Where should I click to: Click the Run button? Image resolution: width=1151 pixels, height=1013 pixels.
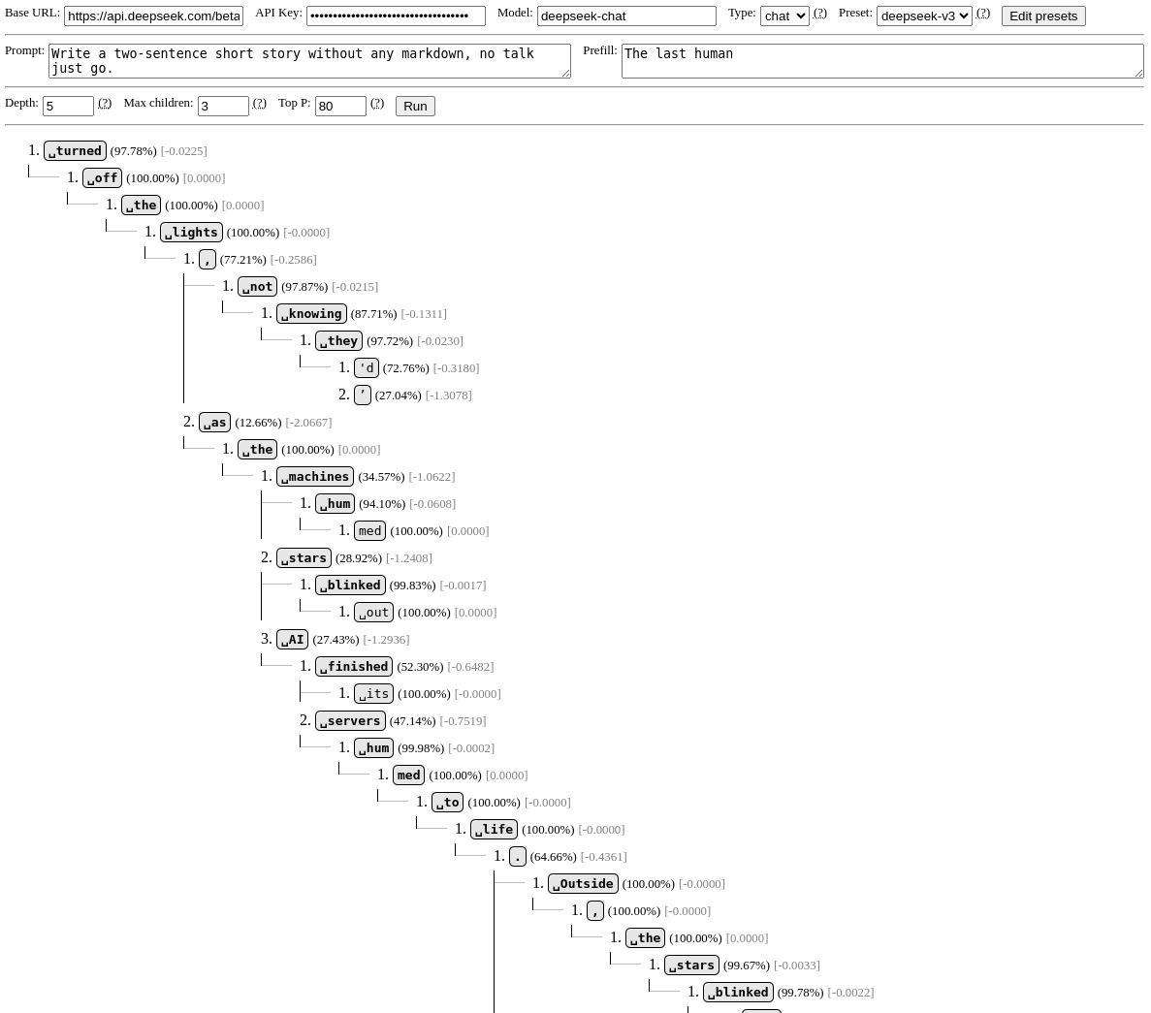(x=415, y=106)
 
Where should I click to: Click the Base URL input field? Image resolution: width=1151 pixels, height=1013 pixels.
(x=153, y=16)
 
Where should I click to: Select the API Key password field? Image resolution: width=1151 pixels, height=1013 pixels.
(x=396, y=16)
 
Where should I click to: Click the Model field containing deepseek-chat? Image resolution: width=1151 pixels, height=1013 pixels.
(x=626, y=16)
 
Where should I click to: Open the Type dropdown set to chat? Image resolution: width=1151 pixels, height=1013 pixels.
(x=784, y=16)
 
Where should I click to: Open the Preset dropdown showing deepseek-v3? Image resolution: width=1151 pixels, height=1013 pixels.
(x=923, y=16)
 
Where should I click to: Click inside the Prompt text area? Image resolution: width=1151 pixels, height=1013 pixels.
(x=309, y=61)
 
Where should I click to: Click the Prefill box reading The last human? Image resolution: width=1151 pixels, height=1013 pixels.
(x=881, y=61)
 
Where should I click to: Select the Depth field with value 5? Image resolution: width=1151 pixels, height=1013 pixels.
(x=68, y=106)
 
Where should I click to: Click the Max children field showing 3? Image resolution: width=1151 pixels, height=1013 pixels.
(x=223, y=106)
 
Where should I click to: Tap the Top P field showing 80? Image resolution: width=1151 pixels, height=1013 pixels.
(x=340, y=106)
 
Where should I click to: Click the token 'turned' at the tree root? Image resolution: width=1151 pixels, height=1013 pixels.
(x=75, y=151)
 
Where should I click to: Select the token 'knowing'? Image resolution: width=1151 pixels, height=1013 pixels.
(x=311, y=314)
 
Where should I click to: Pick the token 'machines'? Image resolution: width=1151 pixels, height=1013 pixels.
(x=315, y=477)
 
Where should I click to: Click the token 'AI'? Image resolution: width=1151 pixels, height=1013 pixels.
(x=292, y=640)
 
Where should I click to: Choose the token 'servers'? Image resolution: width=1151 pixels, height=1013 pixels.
(x=350, y=721)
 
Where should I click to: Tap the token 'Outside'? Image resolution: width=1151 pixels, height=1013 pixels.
(x=583, y=884)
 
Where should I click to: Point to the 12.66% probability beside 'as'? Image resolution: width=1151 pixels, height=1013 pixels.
(x=258, y=423)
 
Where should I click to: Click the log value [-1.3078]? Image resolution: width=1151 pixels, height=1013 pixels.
(x=448, y=396)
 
